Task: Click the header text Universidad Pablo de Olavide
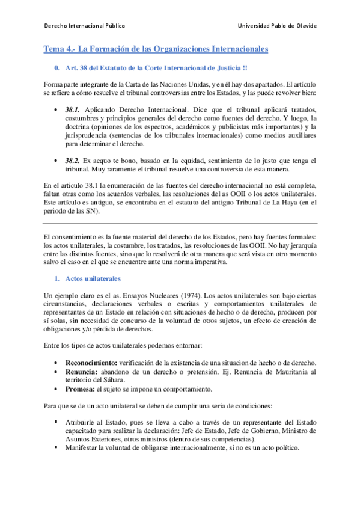click(277, 26)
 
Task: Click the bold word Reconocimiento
click(91, 364)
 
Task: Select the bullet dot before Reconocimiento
click(56, 364)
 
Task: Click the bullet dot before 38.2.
click(56, 162)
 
